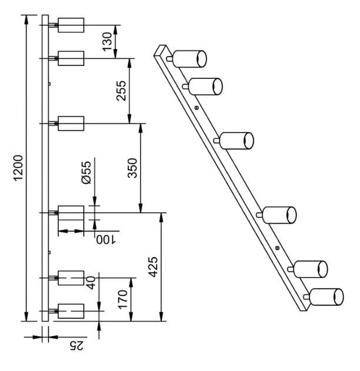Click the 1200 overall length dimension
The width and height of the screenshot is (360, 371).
(18, 168)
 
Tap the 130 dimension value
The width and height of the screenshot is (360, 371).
(107, 41)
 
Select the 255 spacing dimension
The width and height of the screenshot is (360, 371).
(121, 91)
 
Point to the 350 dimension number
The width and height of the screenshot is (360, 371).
(132, 168)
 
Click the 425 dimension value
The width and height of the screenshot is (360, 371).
(153, 267)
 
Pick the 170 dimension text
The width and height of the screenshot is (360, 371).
(123, 299)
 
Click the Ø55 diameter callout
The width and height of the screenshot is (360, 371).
(86, 172)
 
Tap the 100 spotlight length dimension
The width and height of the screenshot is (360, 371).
(106, 240)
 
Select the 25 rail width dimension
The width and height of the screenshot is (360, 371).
(76, 346)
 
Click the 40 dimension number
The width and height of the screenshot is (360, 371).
(92, 283)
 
